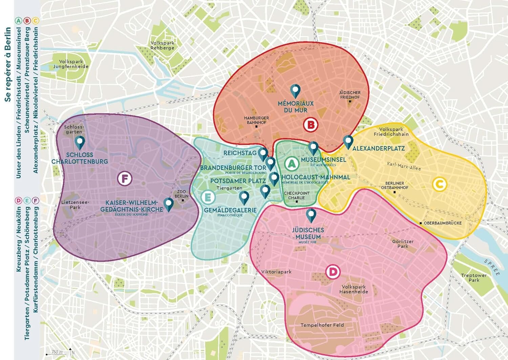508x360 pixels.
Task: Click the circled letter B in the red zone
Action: (310, 125)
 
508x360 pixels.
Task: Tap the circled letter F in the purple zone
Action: (125, 178)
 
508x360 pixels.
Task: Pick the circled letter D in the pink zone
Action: (333, 272)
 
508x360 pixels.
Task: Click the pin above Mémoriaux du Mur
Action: (296, 91)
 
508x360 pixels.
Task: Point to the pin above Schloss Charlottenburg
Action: (80, 142)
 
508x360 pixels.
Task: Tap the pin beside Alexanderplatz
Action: (348, 142)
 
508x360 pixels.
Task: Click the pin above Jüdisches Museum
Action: (311, 215)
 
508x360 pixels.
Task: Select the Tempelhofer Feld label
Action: (322, 325)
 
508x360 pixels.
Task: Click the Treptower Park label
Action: (474, 278)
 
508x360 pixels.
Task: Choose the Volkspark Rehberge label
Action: (163, 45)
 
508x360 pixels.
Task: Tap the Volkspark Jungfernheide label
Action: (71, 64)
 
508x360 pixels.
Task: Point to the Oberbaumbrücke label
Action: (442, 223)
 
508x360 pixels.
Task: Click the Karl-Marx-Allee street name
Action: (404, 166)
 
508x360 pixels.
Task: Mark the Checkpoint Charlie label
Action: (297, 196)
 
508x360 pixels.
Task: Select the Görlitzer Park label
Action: (403, 244)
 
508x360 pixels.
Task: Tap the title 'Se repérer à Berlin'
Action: (8, 64)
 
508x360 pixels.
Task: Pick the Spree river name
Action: (492, 268)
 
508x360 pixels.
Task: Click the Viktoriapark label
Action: (276, 272)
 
